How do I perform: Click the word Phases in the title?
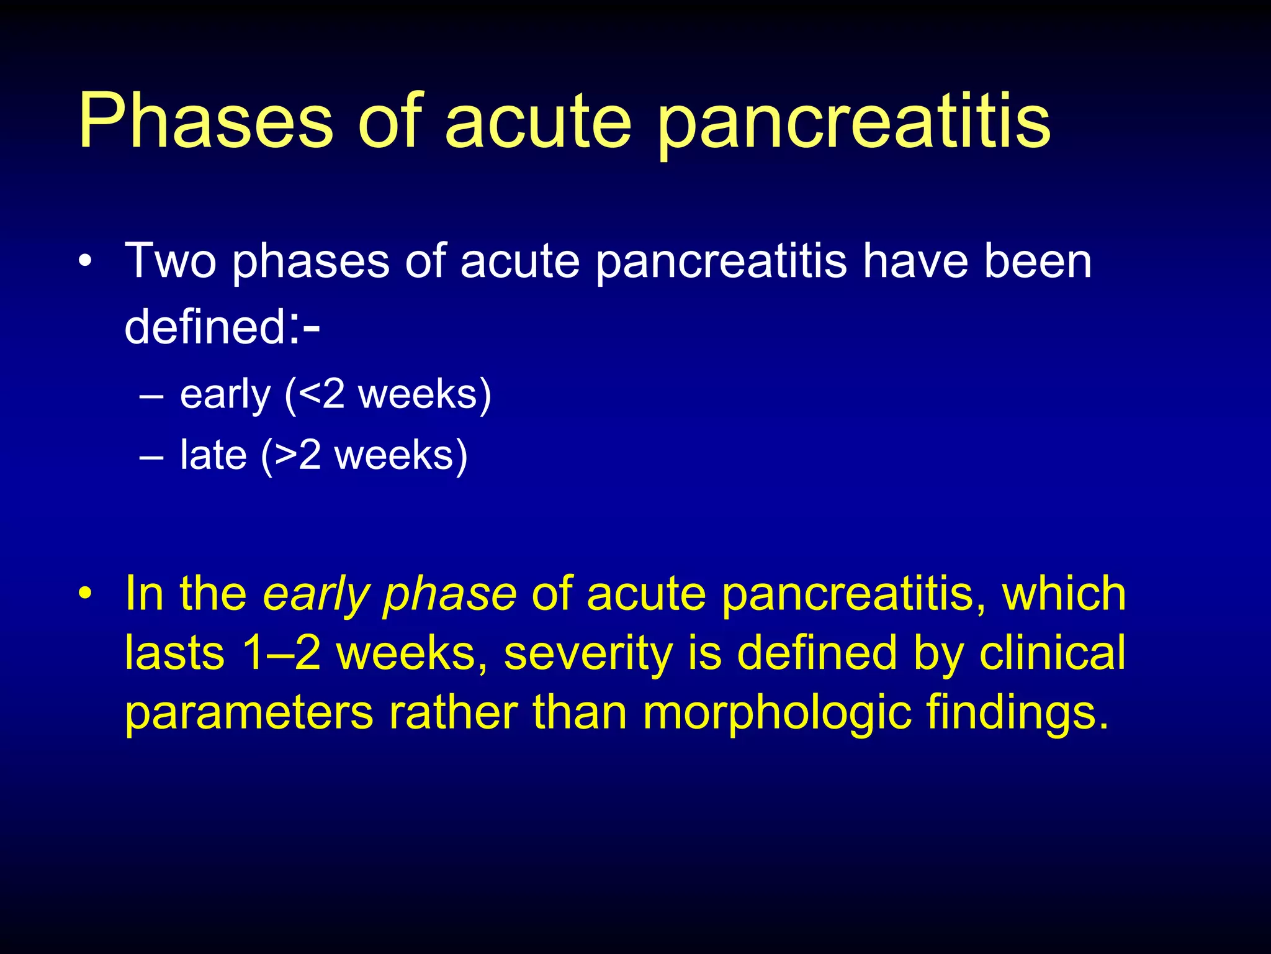pos(205,121)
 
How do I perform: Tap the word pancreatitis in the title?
pos(853,124)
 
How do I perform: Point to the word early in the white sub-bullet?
pos(225,396)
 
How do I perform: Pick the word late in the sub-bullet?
pos(213,455)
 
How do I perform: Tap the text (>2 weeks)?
pos(364,455)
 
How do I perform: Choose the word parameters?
pos(249,714)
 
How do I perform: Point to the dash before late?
pos(151,457)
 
